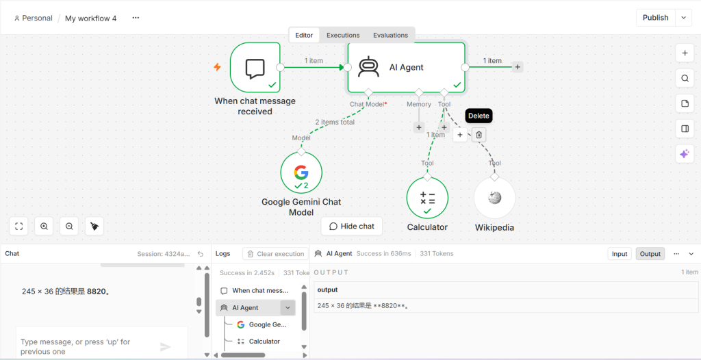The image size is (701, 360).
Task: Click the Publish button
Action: click(x=655, y=18)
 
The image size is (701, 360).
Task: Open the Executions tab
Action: click(x=343, y=36)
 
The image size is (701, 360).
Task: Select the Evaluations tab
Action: click(x=390, y=36)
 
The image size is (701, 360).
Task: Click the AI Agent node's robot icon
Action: click(x=369, y=67)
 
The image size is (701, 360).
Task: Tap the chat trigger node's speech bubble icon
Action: click(x=255, y=69)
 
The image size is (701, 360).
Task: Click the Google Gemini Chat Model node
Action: click(x=301, y=172)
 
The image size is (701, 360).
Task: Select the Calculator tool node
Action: click(x=427, y=198)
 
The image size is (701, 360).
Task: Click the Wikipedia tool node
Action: click(x=494, y=198)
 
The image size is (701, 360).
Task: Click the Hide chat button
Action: click(x=352, y=227)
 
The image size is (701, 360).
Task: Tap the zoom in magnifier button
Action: click(x=44, y=227)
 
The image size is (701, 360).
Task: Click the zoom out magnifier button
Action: click(x=69, y=227)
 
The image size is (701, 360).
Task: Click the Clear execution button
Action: click(x=275, y=254)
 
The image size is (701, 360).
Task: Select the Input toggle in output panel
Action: click(x=620, y=254)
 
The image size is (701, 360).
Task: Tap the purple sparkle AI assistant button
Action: click(x=685, y=154)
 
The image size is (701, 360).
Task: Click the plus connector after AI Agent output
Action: click(x=518, y=67)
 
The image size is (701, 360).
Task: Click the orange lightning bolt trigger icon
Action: click(x=217, y=67)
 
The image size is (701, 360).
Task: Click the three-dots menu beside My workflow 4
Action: click(x=136, y=18)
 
